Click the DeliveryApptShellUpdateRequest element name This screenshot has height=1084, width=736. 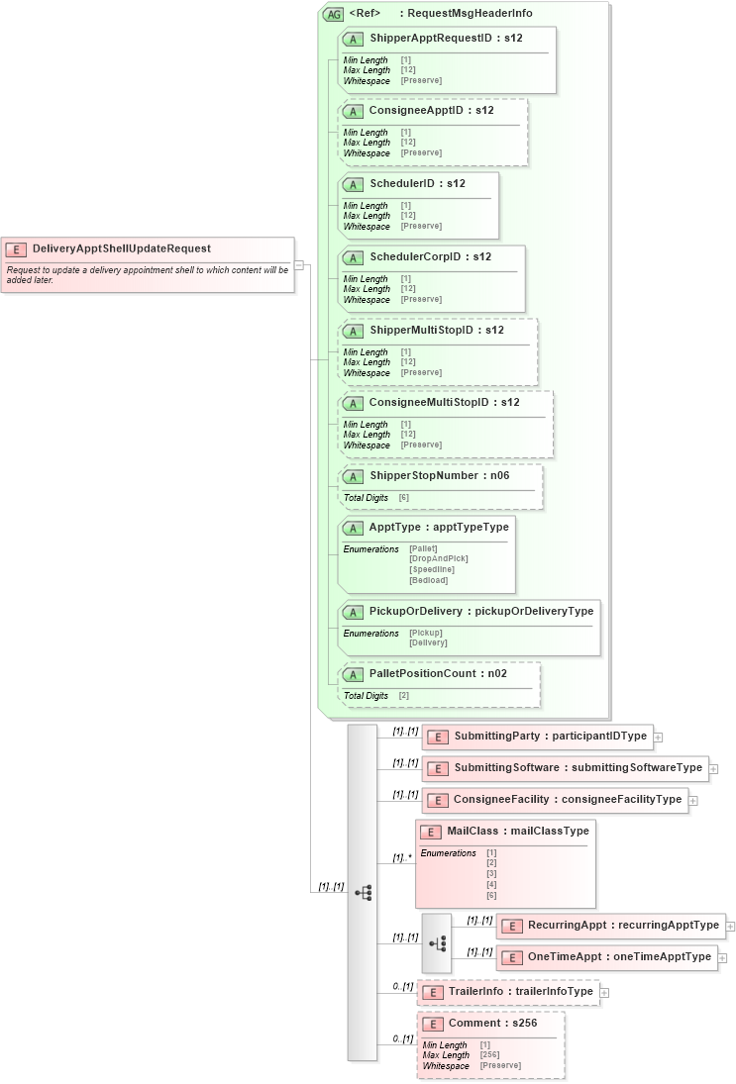coord(121,248)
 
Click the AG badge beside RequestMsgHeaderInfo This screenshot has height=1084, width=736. coord(334,15)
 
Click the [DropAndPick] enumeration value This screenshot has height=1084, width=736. coord(438,559)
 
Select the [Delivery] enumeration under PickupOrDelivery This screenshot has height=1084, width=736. coord(428,643)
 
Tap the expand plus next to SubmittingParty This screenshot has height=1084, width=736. coord(658,738)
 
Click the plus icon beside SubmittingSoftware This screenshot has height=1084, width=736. coord(713,769)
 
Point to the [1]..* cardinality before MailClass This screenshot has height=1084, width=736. coord(402,858)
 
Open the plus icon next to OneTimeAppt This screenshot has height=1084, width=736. coord(722,958)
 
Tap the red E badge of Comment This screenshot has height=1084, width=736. coord(432,1024)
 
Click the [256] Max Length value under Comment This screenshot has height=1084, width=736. coord(489,1055)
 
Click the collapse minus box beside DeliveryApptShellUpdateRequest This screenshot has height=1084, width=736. coord(298,264)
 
